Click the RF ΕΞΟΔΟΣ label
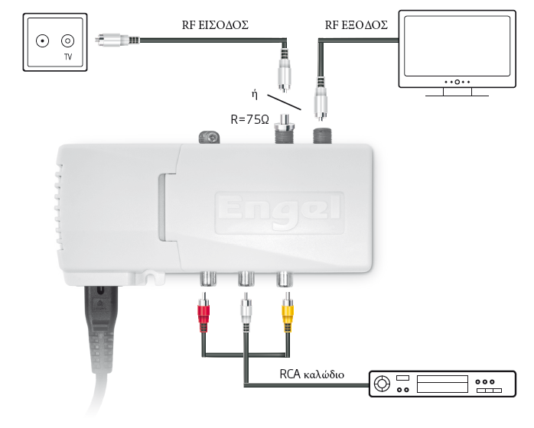(357, 25)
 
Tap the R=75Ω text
(250, 119)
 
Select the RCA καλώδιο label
(313, 375)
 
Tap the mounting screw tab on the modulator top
(207, 138)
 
